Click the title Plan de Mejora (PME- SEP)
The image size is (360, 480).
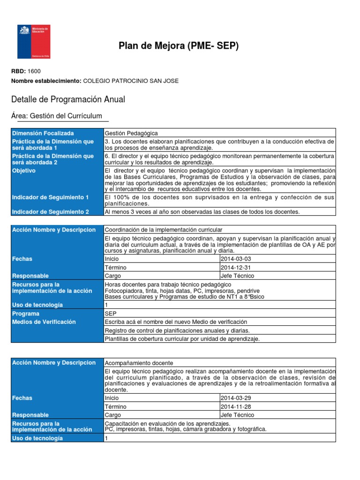(179, 46)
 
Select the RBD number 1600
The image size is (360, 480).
(35, 71)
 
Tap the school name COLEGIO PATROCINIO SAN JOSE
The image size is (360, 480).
(130, 81)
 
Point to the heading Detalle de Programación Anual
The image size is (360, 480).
(67, 100)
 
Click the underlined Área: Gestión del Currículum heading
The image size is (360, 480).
(56, 116)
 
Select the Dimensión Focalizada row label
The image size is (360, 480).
(43, 133)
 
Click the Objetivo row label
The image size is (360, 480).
(24, 171)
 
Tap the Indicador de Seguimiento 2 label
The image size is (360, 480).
(51, 212)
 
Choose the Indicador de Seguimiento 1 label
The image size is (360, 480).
(51, 198)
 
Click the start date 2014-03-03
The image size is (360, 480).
(235, 259)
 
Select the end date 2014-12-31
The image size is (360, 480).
(235, 267)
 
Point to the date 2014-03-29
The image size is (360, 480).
(235, 398)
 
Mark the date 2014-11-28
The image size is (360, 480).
(235, 406)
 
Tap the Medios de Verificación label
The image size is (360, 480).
(44, 322)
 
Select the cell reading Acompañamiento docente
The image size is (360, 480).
(139, 363)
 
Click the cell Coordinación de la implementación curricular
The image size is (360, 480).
(163, 230)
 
